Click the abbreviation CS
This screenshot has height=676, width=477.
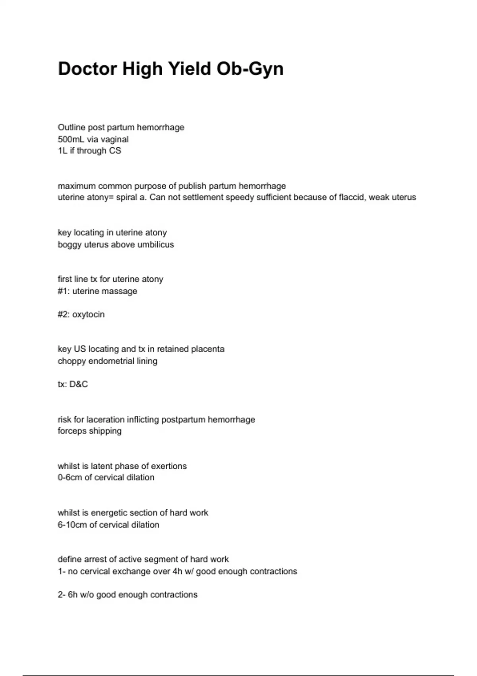pos(115,151)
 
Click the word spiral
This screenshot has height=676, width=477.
pos(126,197)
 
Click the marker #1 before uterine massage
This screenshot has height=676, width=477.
pos(63,291)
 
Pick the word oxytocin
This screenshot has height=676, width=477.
pos(88,315)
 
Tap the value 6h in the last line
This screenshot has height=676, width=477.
pos(73,595)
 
